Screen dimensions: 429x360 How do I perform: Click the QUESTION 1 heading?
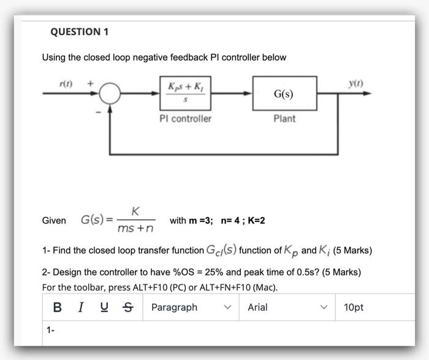pyautogui.click(x=79, y=31)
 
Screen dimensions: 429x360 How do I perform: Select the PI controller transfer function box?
pyautogui.click(x=185, y=94)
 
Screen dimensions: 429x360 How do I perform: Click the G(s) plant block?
pyautogui.click(x=283, y=94)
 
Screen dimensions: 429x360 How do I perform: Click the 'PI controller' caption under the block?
pyautogui.click(x=184, y=118)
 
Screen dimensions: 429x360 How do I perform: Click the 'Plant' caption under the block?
pyautogui.click(x=284, y=118)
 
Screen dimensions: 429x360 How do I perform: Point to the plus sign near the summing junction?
pyautogui.click(x=90, y=82)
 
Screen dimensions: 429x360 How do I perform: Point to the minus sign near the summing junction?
pyautogui.click(x=97, y=111)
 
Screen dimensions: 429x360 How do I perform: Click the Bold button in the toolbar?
pyautogui.click(x=58, y=307)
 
